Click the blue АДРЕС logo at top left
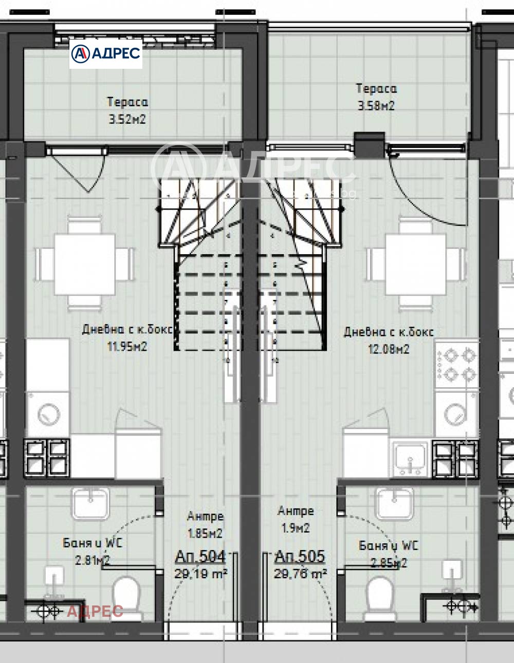[x=106, y=53]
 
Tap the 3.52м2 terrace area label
[x=127, y=119]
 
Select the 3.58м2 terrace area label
[x=376, y=106]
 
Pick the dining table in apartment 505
[x=416, y=264]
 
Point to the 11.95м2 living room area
[x=127, y=347]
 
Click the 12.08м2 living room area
[x=389, y=349]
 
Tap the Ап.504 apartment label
[x=200, y=556]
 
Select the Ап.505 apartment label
[x=300, y=556]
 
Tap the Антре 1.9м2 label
[x=296, y=519]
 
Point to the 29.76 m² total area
[x=301, y=573]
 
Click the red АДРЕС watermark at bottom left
[x=95, y=611]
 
